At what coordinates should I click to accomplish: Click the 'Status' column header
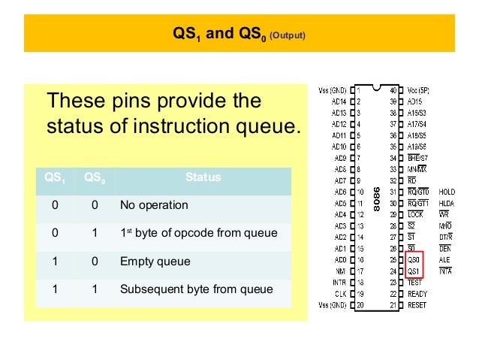click(x=203, y=178)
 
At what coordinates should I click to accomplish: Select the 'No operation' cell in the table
click(x=154, y=205)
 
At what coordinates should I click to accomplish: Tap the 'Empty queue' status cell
click(x=155, y=262)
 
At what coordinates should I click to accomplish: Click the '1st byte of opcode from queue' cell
click(x=198, y=233)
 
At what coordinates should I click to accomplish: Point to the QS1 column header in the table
click(x=54, y=178)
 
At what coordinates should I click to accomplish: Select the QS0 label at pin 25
click(x=414, y=259)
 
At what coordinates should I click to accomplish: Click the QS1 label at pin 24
click(x=414, y=270)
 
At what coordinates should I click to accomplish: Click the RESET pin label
click(x=417, y=305)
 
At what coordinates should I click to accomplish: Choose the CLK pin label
click(x=340, y=294)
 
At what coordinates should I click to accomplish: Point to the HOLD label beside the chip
click(x=447, y=192)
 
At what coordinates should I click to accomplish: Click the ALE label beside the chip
click(x=445, y=259)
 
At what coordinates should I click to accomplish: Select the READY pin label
click(x=418, y=294)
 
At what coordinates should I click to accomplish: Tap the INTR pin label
click(x=339, y=282)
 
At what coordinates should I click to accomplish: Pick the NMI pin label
click(x=340, y=271)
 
